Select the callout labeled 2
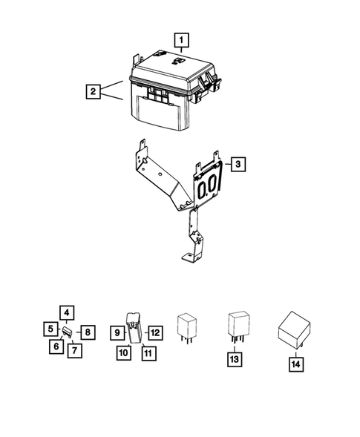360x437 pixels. point(93,92)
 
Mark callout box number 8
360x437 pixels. point(85,331)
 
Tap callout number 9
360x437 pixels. point(117,332)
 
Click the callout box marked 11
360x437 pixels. point(148,353)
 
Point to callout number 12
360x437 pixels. point(154,332)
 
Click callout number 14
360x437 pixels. point(297,364)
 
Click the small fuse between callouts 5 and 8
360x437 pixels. point(66,331)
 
